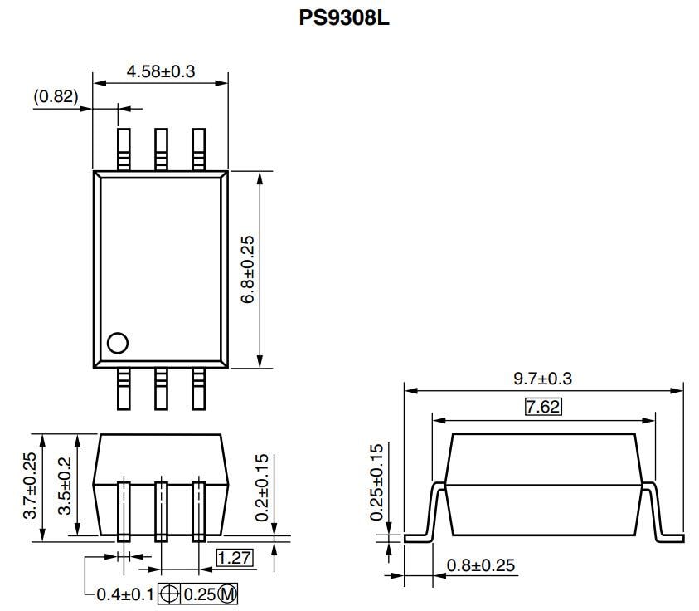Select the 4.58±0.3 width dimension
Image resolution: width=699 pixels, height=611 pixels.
[x=160, y=71]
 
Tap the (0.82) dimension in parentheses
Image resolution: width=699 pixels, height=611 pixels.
[x=56, y=96]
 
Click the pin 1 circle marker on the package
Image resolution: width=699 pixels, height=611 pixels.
[x=118, y=343]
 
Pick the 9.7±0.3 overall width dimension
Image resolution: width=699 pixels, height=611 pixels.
[x=543, y=379]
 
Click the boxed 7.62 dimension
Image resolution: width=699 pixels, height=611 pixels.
[x=543, y=407]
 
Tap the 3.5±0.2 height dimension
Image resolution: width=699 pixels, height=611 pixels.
[x=64, y=486]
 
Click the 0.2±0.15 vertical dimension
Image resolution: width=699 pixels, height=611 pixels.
[x=261, y=487]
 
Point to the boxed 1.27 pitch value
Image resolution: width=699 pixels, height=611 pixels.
[x=235, y=558]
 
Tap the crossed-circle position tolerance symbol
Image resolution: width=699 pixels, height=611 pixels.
[x=168, y=594]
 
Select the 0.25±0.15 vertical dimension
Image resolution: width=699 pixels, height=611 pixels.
[x=376, y=482]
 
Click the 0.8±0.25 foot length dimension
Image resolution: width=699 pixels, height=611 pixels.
[x=481, y=566]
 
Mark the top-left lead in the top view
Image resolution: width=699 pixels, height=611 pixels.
[x=124, y=149]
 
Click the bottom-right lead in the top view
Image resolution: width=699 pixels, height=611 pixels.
[x=199, y=388]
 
